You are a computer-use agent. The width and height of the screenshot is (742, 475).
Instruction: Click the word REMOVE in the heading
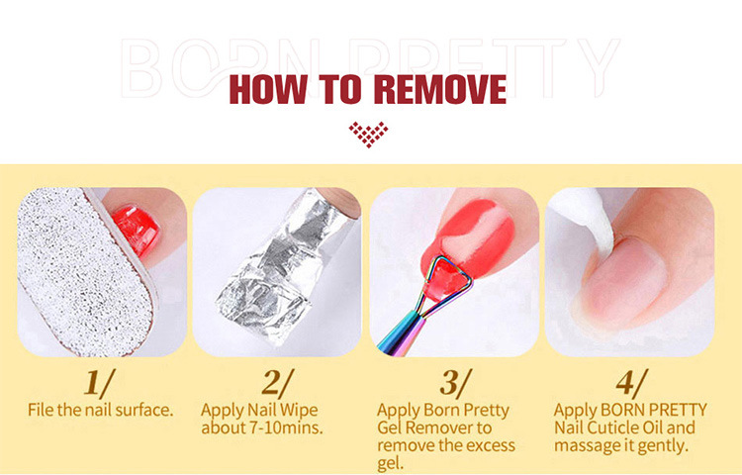tap(440, 89)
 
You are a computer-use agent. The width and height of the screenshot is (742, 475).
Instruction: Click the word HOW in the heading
tap(268, 89)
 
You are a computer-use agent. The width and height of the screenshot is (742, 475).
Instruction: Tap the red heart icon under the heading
tap(369, 135)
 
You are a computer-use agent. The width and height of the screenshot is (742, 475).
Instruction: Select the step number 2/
tap(278, 383)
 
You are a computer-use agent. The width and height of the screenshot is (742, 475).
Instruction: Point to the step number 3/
tap(456, 383)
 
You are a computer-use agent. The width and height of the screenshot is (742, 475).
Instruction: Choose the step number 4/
tap(632, 383)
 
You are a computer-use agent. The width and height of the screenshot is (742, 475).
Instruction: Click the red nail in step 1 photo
tap(137, 231)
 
